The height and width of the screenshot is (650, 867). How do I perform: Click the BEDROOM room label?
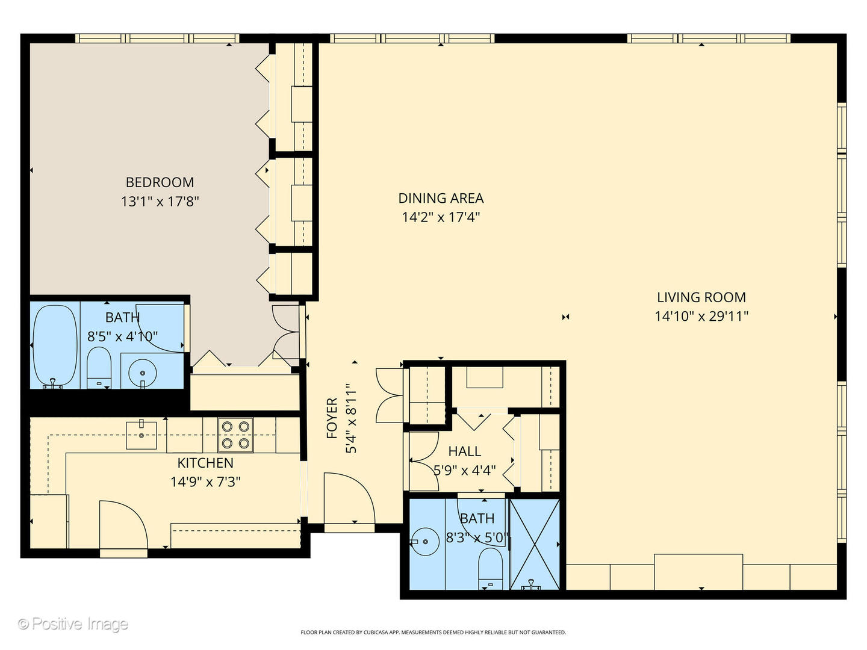[x=160, y=182]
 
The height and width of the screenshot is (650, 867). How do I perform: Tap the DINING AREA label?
[x=441, y=198]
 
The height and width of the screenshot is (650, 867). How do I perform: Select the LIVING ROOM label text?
[x=701, y=297]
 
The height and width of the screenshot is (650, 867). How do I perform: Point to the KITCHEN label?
[x=205, y=463]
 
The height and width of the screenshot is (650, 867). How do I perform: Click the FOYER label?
[x=332, y=418]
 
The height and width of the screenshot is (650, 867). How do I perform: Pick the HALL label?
[x=464, y=451]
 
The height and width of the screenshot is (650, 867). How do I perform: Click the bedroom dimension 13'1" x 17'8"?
[x=160, y=202]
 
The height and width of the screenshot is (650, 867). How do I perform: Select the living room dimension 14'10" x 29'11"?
[x=701, y=317]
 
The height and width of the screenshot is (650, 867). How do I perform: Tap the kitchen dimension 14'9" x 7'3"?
[x=205, y=482]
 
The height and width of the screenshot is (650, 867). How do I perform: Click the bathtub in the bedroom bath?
[x=55, y=345]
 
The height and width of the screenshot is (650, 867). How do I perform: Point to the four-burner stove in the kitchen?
[x=235, y=435]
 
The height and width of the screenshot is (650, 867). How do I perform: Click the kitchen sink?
[x=141, y=435]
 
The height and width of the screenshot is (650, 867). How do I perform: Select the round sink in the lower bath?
[x=424, y=542]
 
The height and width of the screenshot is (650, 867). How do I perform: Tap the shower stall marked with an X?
[x=535, y=545]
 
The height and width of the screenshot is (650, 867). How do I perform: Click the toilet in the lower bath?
[x=490, y=569]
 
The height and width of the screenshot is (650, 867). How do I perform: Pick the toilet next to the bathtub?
[x=99, y=368]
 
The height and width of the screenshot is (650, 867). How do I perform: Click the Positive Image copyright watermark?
[x=73, y=624]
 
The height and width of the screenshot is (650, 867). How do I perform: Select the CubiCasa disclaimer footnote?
[x=433, y=632]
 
